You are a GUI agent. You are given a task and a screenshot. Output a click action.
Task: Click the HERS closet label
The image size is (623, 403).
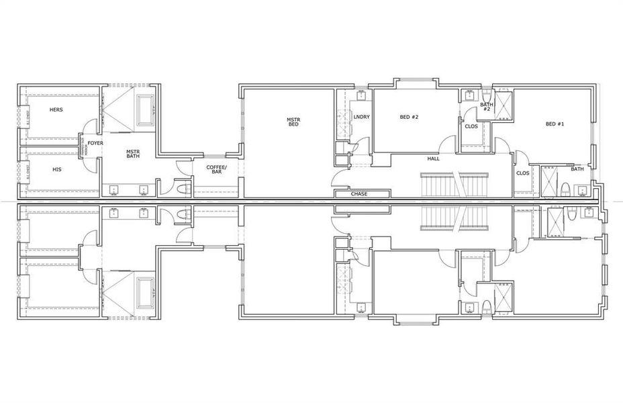[56, 109]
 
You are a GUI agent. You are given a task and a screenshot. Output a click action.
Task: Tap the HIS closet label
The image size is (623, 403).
[56, 169]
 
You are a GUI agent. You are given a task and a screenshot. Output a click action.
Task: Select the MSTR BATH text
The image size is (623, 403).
[133, 154]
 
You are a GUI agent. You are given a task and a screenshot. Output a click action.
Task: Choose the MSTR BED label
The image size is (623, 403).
[293, 122]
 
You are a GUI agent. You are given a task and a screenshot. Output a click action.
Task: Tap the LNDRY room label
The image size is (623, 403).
[361, 118]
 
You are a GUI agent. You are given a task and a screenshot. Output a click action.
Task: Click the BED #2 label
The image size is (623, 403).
[409, 117]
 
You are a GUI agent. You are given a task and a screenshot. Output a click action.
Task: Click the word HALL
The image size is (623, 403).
[434, 159]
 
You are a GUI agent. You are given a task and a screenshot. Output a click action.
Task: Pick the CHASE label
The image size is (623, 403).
[359, 194]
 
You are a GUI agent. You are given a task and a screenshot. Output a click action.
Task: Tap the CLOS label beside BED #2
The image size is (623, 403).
[471, 126]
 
